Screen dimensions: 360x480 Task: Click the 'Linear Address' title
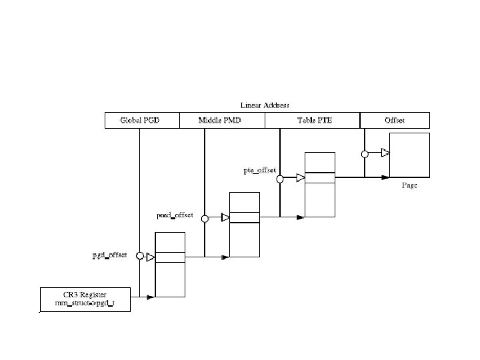pyautogui.click(x=265, y=105)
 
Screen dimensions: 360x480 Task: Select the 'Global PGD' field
pyautogui.click(x=141, y=121)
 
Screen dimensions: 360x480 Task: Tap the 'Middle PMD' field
pyautogui.click(x=222, y=121)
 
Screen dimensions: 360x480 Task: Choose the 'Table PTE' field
pyautogui.click(x=313, y=121)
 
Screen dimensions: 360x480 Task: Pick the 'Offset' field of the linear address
pyautogui.click(x=395, y=121)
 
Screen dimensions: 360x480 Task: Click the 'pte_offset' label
pyautogui.click(x=259, y=171)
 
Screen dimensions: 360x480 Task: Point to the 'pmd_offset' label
pyautogui.click(x=175, y=215)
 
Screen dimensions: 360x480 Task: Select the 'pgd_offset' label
pyautogui.click(x=109, y=255)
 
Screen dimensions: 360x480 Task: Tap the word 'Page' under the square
pyautogui.click(x=409, y=185)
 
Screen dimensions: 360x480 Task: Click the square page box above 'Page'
pyautogui.click(x=410, y=155)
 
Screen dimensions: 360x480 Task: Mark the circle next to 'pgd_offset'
pyautogui.click(x=140, y=256)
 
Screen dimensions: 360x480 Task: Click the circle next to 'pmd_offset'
pyautogui.click(x=205, y=217)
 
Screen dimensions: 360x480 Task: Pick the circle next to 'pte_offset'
pyautogui.click(x=281, y=178)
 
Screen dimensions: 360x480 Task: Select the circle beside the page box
pyautogui.click(x=365, y=154)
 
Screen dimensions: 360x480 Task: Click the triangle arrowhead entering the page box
pyautogui.click(x=385, y=154)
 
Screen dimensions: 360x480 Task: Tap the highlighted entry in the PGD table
pyautogui.click(x=170, y=257)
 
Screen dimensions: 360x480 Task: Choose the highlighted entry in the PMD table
pyautogui.click(x=245, y=217)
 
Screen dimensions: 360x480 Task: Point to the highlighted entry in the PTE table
pyautogui.click(x=319, y=177)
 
